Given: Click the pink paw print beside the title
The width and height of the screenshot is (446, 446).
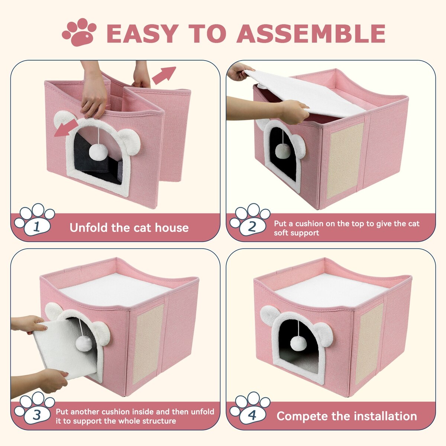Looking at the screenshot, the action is pos(79,32).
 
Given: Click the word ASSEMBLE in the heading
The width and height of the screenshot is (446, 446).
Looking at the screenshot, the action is pos(311,33).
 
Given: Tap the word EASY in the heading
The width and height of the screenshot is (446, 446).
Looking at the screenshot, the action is pos(142,33).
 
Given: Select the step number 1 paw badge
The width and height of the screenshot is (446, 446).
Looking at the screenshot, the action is pos(35,220).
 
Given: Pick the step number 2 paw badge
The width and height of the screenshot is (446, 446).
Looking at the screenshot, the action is pos(250,220).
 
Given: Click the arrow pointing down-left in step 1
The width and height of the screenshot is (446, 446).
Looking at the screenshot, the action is pos(66,128).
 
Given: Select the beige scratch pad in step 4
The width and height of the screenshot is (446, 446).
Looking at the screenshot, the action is pos(368,342).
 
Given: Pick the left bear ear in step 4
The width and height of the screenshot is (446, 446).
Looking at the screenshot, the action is pos(270,316).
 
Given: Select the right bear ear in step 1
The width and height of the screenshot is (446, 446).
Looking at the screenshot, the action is pos(130,141).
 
